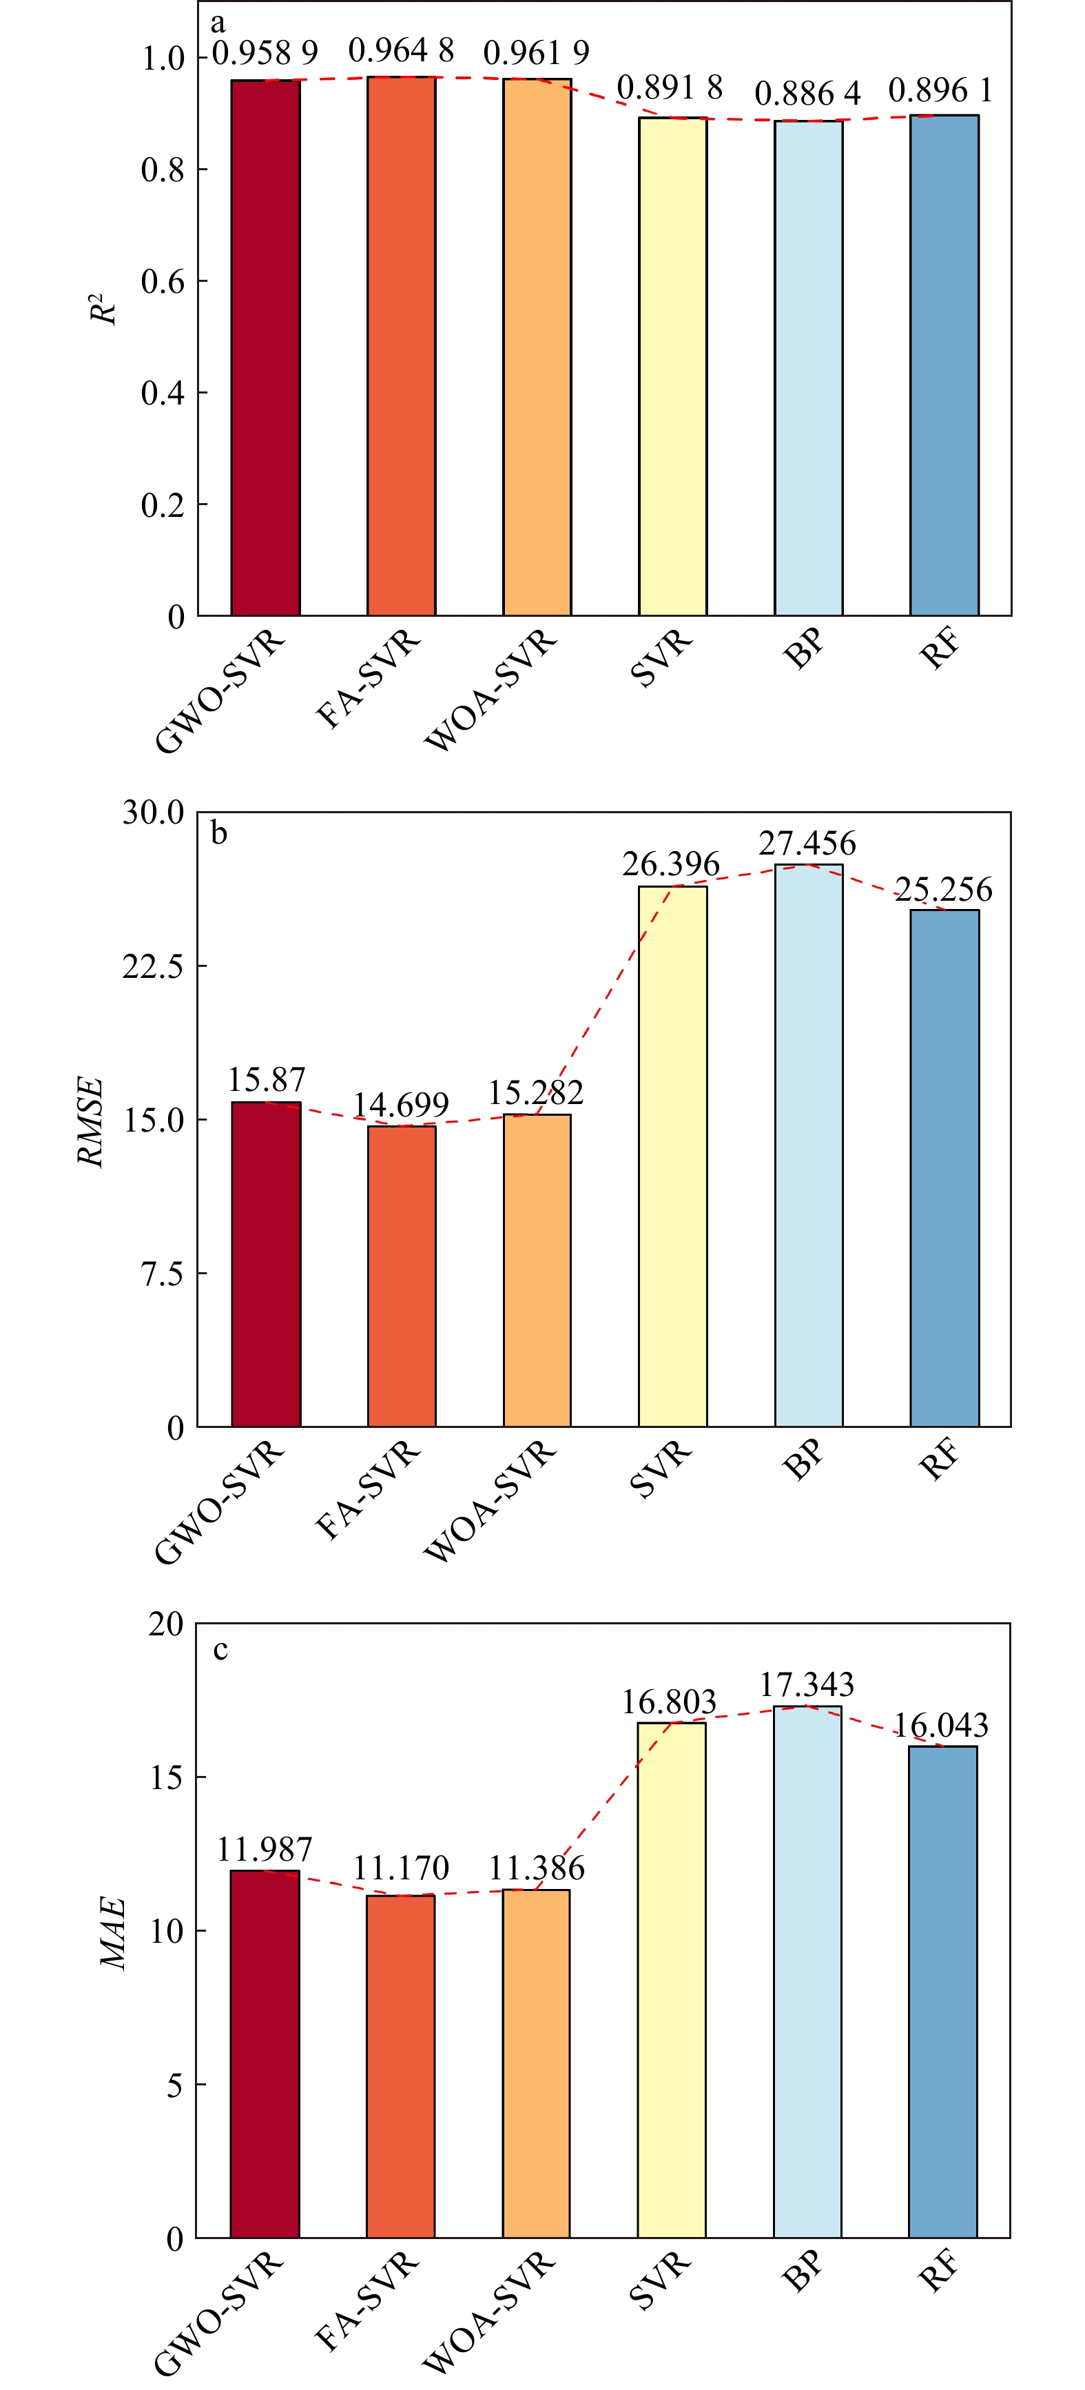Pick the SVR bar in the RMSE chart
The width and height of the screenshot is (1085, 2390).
[672, 1156]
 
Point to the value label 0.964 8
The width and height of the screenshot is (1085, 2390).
[401, 51]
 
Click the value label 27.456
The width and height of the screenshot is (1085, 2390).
[807, 844]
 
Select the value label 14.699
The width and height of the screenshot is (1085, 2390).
[401, 1104]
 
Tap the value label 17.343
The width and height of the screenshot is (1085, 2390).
[807, 1684]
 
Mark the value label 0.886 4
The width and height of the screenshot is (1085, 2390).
[807, 93]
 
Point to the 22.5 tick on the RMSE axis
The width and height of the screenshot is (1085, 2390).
[153, 966]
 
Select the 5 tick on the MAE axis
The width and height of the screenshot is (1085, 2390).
[174, 2085]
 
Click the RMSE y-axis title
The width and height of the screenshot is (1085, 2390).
[90, 1121]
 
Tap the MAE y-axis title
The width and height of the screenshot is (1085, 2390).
[113, 1932]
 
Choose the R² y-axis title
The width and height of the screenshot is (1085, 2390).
[104, 309]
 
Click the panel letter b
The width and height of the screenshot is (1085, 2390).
[219, 833]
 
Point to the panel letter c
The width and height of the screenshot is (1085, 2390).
[220, 1651]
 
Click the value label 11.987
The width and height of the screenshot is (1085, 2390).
[265, 1849]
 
